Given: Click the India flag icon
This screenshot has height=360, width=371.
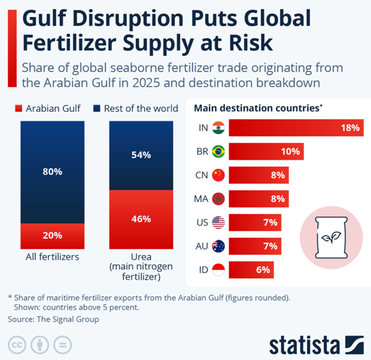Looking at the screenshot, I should [x=218, y=128].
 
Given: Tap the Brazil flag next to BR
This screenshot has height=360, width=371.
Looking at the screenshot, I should [x=218, y=151].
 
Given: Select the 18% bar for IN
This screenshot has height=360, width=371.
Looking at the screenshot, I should [x=295, y=128].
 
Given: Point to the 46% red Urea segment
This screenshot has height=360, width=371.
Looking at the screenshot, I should [x=141, y=219].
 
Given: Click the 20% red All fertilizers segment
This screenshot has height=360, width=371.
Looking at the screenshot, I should [x=52, y=235].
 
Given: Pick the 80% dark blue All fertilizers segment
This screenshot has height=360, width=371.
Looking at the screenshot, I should [x=52, y=172].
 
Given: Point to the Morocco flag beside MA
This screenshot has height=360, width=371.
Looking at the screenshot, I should [x=218, y=198].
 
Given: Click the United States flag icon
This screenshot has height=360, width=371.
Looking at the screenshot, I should [x=218, y=222].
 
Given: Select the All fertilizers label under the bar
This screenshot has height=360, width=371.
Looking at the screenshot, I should [x=52, y=257].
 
